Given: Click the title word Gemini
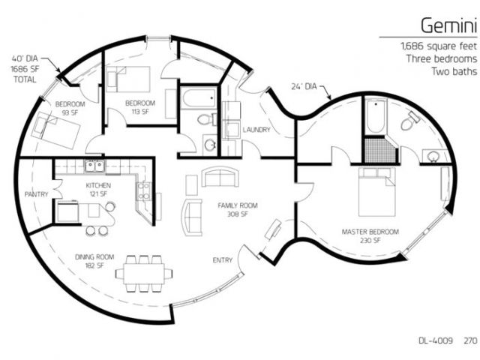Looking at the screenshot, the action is coord(448,25).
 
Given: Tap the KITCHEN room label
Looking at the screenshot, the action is coord(98,185).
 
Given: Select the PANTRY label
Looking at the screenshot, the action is coord(37,194).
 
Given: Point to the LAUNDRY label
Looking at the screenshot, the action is coord(256,130).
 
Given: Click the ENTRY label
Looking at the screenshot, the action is coord(223,260).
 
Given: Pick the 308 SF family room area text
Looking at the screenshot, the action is coord(238,214).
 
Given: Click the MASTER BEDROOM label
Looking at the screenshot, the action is coord(370,232).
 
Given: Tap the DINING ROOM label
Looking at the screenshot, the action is coord(94,257).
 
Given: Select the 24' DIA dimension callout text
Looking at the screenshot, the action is coord(304,87).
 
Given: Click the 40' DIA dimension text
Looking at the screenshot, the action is coord(25,58).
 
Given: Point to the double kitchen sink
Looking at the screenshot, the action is coord(94,166).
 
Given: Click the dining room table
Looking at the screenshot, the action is coord(144,274).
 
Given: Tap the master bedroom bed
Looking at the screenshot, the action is coord(376,192).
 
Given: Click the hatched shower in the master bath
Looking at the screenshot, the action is coord(379,150).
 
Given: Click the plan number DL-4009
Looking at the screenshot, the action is coord(436,340).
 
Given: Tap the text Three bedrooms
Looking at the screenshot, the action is coord(442,58).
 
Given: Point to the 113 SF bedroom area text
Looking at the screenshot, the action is coord(140,112).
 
